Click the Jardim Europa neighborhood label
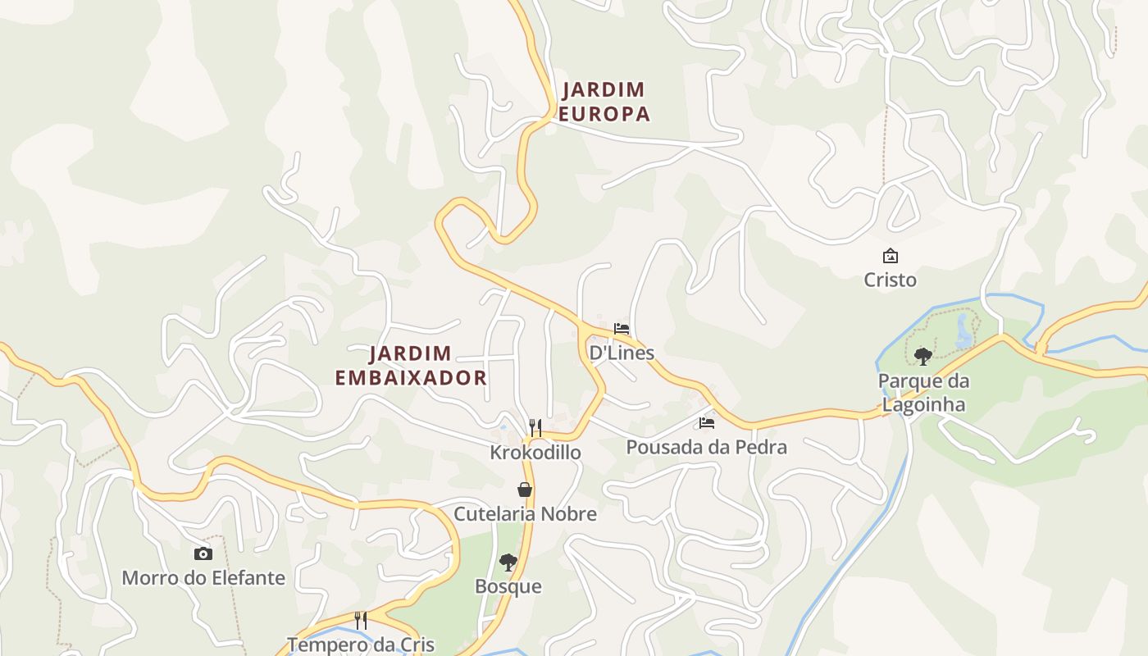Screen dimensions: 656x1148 pyautogui.click(x=604, y=102)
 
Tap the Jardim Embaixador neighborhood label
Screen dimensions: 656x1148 pyautogui.click(x=411, y=366)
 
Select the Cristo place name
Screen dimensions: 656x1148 pyautogui.click(x=890, y=280)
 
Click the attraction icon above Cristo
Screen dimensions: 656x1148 pyautogui.click(x=890, y=256)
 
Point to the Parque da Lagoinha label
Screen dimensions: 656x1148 pyautogui.click(x=923, y=393)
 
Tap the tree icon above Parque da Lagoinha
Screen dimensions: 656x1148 pyautogui.click(x=923, y=356)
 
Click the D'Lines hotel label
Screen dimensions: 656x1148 pyautogui.click(x=622, y=353)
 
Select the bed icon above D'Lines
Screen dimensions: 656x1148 pyautogui.click(x=622, y=329)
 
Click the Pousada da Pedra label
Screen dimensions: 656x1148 pyautogui.click(x=706, y=447)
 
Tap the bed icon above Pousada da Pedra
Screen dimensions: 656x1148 pyautogui.click(x=707, y=423)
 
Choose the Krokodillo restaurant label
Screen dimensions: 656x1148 pyautogui.click(x=535, y=452)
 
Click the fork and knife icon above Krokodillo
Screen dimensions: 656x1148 pyautogui.click(x=535, y=427)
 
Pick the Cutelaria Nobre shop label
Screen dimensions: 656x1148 pyautogui.click(x=525, y=514)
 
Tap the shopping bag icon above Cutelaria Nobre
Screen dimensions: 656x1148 pyautogui.click(x=525, y=490)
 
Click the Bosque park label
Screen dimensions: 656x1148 pyautogui.click(x=508, y=586)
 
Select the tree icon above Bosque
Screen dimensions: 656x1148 pyautogui.click(x=508, y=563)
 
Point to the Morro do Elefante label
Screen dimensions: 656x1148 pyautogui.click(x=203, y=577)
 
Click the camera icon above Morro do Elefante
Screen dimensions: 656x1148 pyautogui.click(x=203, y=553)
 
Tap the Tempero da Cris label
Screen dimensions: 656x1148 pyautogui.click(x=360, y=644)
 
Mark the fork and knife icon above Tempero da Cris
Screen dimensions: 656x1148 pyautogui.click(x=360, y=620)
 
